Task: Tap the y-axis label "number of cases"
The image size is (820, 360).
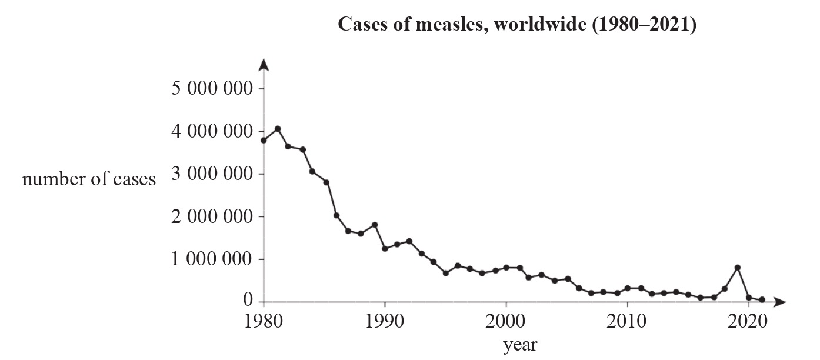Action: click(x=89, y=179)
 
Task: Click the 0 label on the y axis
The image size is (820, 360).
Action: click(x=248, y=301)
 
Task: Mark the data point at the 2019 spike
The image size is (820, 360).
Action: click(x=737, y=268)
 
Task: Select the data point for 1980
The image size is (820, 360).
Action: click(x=264, y=140)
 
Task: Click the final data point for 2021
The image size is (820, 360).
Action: click(x=762, y=300)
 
